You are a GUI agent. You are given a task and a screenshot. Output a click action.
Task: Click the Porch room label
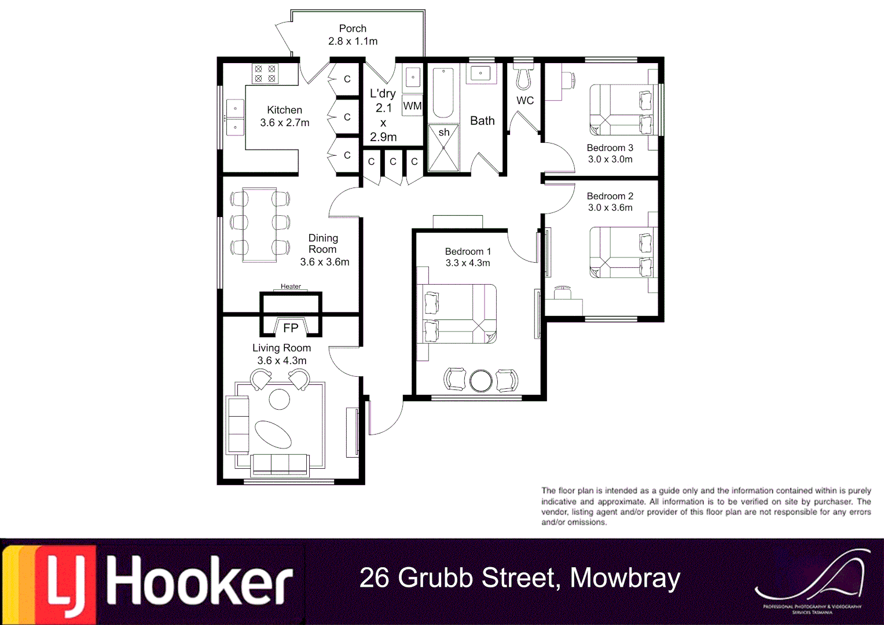353,28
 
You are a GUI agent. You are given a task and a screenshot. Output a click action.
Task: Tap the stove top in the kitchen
265,73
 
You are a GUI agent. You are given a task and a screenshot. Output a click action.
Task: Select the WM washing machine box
412,106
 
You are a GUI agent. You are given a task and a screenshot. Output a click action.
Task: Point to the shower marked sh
443,148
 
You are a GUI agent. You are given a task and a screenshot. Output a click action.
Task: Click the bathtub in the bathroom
443,93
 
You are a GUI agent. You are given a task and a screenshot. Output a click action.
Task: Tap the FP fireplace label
291,328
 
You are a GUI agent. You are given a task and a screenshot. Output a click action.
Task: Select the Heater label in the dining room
291,286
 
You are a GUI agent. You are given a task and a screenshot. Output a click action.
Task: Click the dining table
259,225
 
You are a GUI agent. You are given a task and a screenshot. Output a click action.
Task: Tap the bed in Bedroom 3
622,110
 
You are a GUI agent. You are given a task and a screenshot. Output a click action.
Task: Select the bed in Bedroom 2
622,252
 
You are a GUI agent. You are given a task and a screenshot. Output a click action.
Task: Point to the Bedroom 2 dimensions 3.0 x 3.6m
610,208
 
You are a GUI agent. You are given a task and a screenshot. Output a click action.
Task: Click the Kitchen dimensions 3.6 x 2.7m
284,123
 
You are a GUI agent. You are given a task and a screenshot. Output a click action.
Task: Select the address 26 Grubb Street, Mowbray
519,578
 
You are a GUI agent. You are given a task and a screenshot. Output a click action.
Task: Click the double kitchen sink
235,117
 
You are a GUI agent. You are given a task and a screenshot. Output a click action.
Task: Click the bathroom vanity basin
480,73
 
